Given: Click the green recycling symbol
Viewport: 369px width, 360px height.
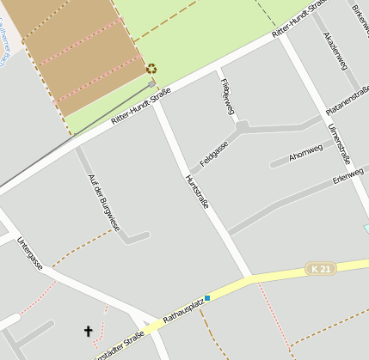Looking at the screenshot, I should pyautogui.click(x=151, y=70).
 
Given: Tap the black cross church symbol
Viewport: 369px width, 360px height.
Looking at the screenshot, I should pyautogui.click(x=88, y=330).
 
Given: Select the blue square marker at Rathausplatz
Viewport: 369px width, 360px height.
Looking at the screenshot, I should pyautogui.click(x=207, y=298).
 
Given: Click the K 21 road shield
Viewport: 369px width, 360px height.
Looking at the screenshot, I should pyautogui.click(x=321, y=269).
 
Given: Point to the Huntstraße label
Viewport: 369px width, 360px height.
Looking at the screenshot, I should pyautogui.click(x=197, y=197).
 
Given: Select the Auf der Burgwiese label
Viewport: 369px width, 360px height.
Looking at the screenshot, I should pyautogui.click(x=104, y=203).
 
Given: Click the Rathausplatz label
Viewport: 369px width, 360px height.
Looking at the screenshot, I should pyautogui.click(x=183, y=313).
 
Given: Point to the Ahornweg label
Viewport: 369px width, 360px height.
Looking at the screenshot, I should pyautogui.click(x=305, y=153).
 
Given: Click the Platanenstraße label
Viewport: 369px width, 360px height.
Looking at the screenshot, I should pyautogui.click(x=347, y=102).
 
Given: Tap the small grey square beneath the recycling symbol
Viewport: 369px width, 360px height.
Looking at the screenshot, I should pyautogui.click(x=152, y=84).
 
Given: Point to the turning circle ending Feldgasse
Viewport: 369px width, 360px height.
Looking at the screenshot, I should pyautogui.click(x=243, y=127).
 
